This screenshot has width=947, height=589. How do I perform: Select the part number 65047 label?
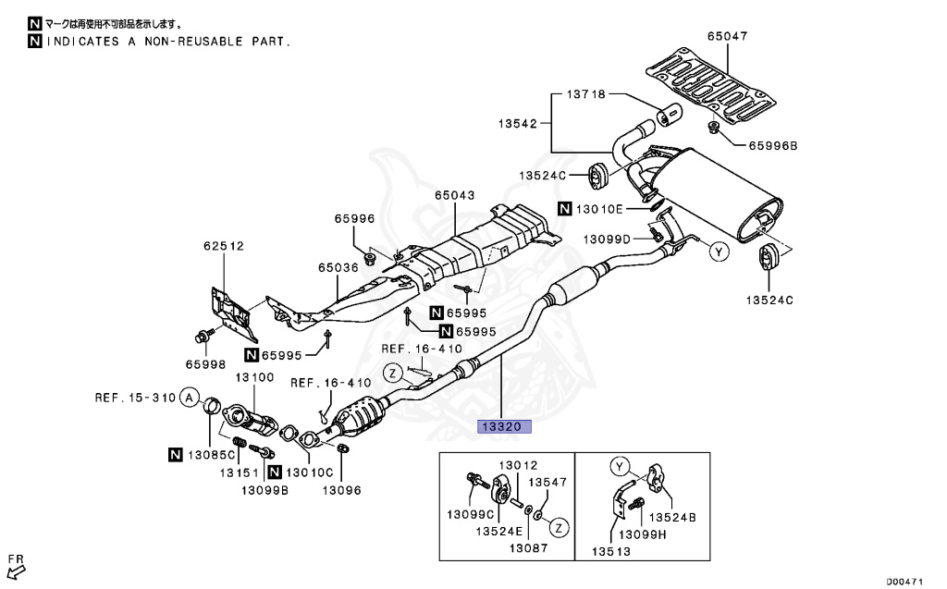click(x=727, y=37)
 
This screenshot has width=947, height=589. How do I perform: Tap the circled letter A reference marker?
click(x=189, y=399)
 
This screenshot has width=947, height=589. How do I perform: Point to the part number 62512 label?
click(x=224, y=246)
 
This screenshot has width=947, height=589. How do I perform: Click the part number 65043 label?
click(x=455, y=195)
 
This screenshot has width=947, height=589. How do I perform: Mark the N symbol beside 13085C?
click(x=176, y=454)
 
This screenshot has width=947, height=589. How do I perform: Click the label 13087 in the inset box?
click(x=529, y=547)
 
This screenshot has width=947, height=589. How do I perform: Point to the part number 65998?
click(x=204, y=365)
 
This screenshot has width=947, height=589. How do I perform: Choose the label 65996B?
click(x=772, y=145)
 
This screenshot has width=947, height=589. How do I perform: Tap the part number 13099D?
click(x=607, y=239)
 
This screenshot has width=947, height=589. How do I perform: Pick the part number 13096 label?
click(x=341, y=490)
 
